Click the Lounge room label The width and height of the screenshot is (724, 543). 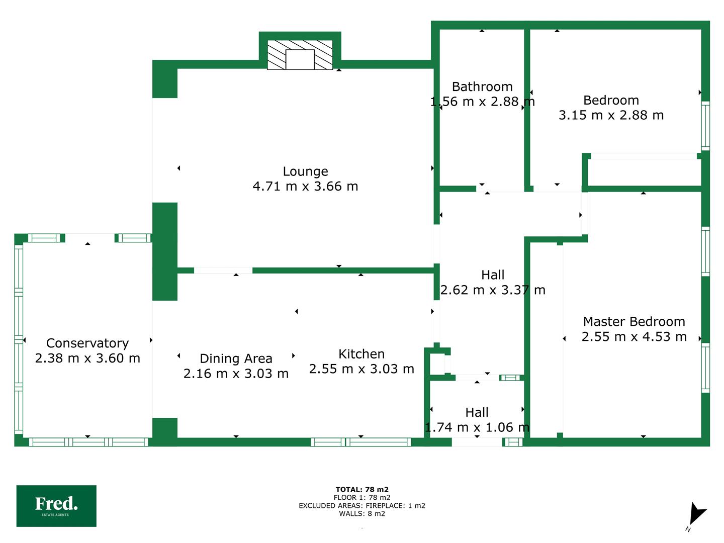point(305,171)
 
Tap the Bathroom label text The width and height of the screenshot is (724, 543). point(482,86)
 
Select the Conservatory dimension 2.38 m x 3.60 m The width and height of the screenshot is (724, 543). point(88,358)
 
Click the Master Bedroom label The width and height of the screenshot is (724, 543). point(634,321)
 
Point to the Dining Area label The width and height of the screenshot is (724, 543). point(236,358)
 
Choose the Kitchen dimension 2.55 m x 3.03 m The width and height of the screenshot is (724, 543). point(361,369)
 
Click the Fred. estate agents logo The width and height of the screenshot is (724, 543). point(56,506)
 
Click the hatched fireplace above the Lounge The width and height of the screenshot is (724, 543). point(300,55)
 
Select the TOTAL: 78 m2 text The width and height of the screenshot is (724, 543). point(362,490)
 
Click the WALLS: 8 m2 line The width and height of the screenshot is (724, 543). point(362,513)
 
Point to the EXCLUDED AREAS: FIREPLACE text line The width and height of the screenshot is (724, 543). point(362,505)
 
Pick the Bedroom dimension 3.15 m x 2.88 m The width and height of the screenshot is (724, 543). point(611,115)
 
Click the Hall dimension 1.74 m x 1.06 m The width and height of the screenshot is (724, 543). point(477,427)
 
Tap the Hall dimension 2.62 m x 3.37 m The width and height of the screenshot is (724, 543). point(493,290)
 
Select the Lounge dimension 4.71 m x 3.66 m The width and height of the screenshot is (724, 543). point(305,186)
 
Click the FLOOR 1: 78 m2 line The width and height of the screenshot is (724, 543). point(362,498)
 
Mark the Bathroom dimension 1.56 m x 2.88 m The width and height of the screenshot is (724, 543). point(482,102)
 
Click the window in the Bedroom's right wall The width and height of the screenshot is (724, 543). point(705,126)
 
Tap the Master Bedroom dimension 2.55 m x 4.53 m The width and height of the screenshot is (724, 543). point(634,337)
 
